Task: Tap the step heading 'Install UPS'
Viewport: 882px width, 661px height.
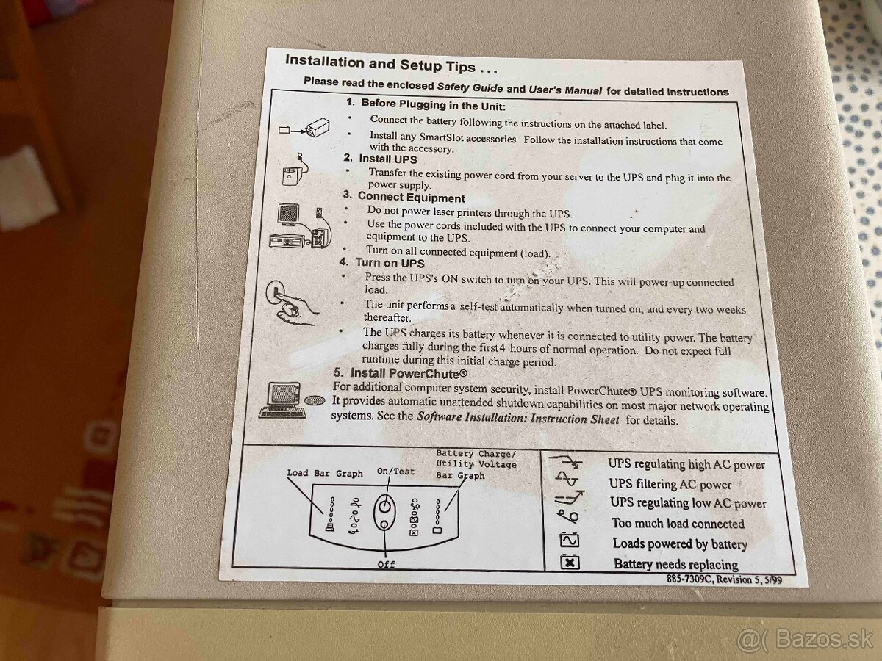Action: click(388, 159)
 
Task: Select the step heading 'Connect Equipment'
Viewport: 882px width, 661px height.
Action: click(411, 197)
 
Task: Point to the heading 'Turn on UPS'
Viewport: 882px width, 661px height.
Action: click(390, 263)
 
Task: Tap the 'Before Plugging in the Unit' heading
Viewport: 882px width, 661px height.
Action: click(433, 105)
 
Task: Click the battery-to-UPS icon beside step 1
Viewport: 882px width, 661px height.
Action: click(304, 129)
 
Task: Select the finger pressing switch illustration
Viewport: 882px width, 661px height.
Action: click(290, 303)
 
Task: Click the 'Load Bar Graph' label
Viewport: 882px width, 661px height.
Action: click(325, 473)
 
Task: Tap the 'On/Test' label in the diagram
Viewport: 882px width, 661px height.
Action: click(395, 472)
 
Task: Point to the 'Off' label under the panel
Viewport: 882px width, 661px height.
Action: click(386, 564)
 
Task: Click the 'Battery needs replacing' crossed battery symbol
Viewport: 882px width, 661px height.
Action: click(570, 562)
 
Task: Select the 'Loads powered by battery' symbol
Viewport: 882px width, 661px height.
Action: click(570, 540)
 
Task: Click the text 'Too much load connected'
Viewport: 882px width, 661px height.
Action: click(678, 524)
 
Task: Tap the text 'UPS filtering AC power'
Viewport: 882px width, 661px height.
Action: click(670, 484)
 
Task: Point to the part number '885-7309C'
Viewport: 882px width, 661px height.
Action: click(689, 579)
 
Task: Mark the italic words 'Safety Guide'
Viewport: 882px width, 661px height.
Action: click(470, 87)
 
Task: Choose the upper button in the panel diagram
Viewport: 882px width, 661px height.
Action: click(384, 507)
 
